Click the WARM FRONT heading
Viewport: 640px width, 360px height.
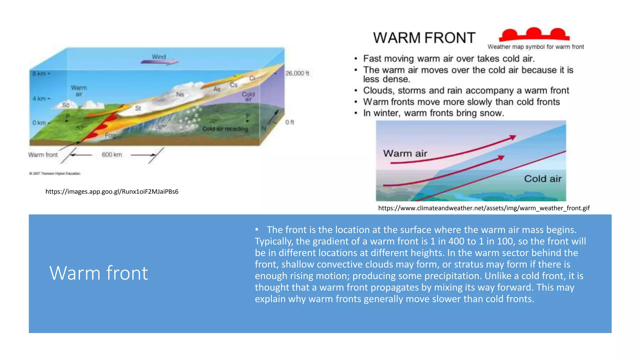point(424,38)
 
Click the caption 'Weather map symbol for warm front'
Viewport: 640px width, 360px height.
point(535,47)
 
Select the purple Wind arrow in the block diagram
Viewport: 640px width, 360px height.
point(159,61)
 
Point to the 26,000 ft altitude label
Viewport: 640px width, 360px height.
point(297,73)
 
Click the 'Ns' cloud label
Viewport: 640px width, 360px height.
point(180,94)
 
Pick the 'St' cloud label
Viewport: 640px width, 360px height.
point(138,108)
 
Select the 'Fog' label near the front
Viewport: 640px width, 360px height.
point(110,136)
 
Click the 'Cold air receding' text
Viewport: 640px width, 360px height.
point(225,129)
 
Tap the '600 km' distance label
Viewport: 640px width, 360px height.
point(112,155)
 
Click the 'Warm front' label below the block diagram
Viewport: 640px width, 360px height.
point(43,155)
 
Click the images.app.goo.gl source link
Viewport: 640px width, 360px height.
point(112,192)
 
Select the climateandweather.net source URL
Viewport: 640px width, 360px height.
point(484,208)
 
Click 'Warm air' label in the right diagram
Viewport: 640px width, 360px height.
point(405,153)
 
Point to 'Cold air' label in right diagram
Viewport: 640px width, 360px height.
point(542,179)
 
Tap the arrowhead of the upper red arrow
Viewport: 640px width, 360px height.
point(512,137)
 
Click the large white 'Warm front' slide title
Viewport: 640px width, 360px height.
point(98,273)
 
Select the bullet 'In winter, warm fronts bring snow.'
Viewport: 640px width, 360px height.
point(433,113)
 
